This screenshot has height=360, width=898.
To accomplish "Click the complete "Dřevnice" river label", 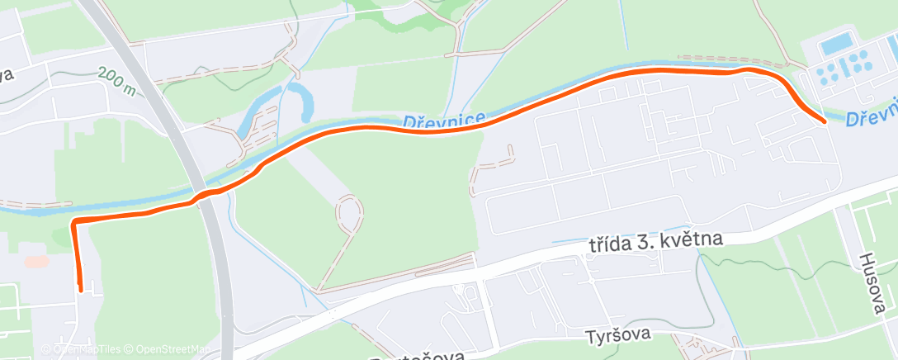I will tap(444, 121).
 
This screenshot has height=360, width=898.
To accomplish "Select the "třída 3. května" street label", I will tap(656, 243).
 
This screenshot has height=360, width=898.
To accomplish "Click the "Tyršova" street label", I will tap(619, 334).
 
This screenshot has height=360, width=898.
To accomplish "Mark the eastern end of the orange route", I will tap(824, 121).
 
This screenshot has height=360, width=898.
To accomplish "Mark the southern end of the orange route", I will tap(80, 288).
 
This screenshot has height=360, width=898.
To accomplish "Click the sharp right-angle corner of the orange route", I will tap(74, 223).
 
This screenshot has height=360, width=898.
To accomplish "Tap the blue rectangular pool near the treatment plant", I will tap(837, 43).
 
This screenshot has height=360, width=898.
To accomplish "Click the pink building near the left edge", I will tap(35, 261).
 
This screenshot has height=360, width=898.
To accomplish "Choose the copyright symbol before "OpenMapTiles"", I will tap(46, 348).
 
